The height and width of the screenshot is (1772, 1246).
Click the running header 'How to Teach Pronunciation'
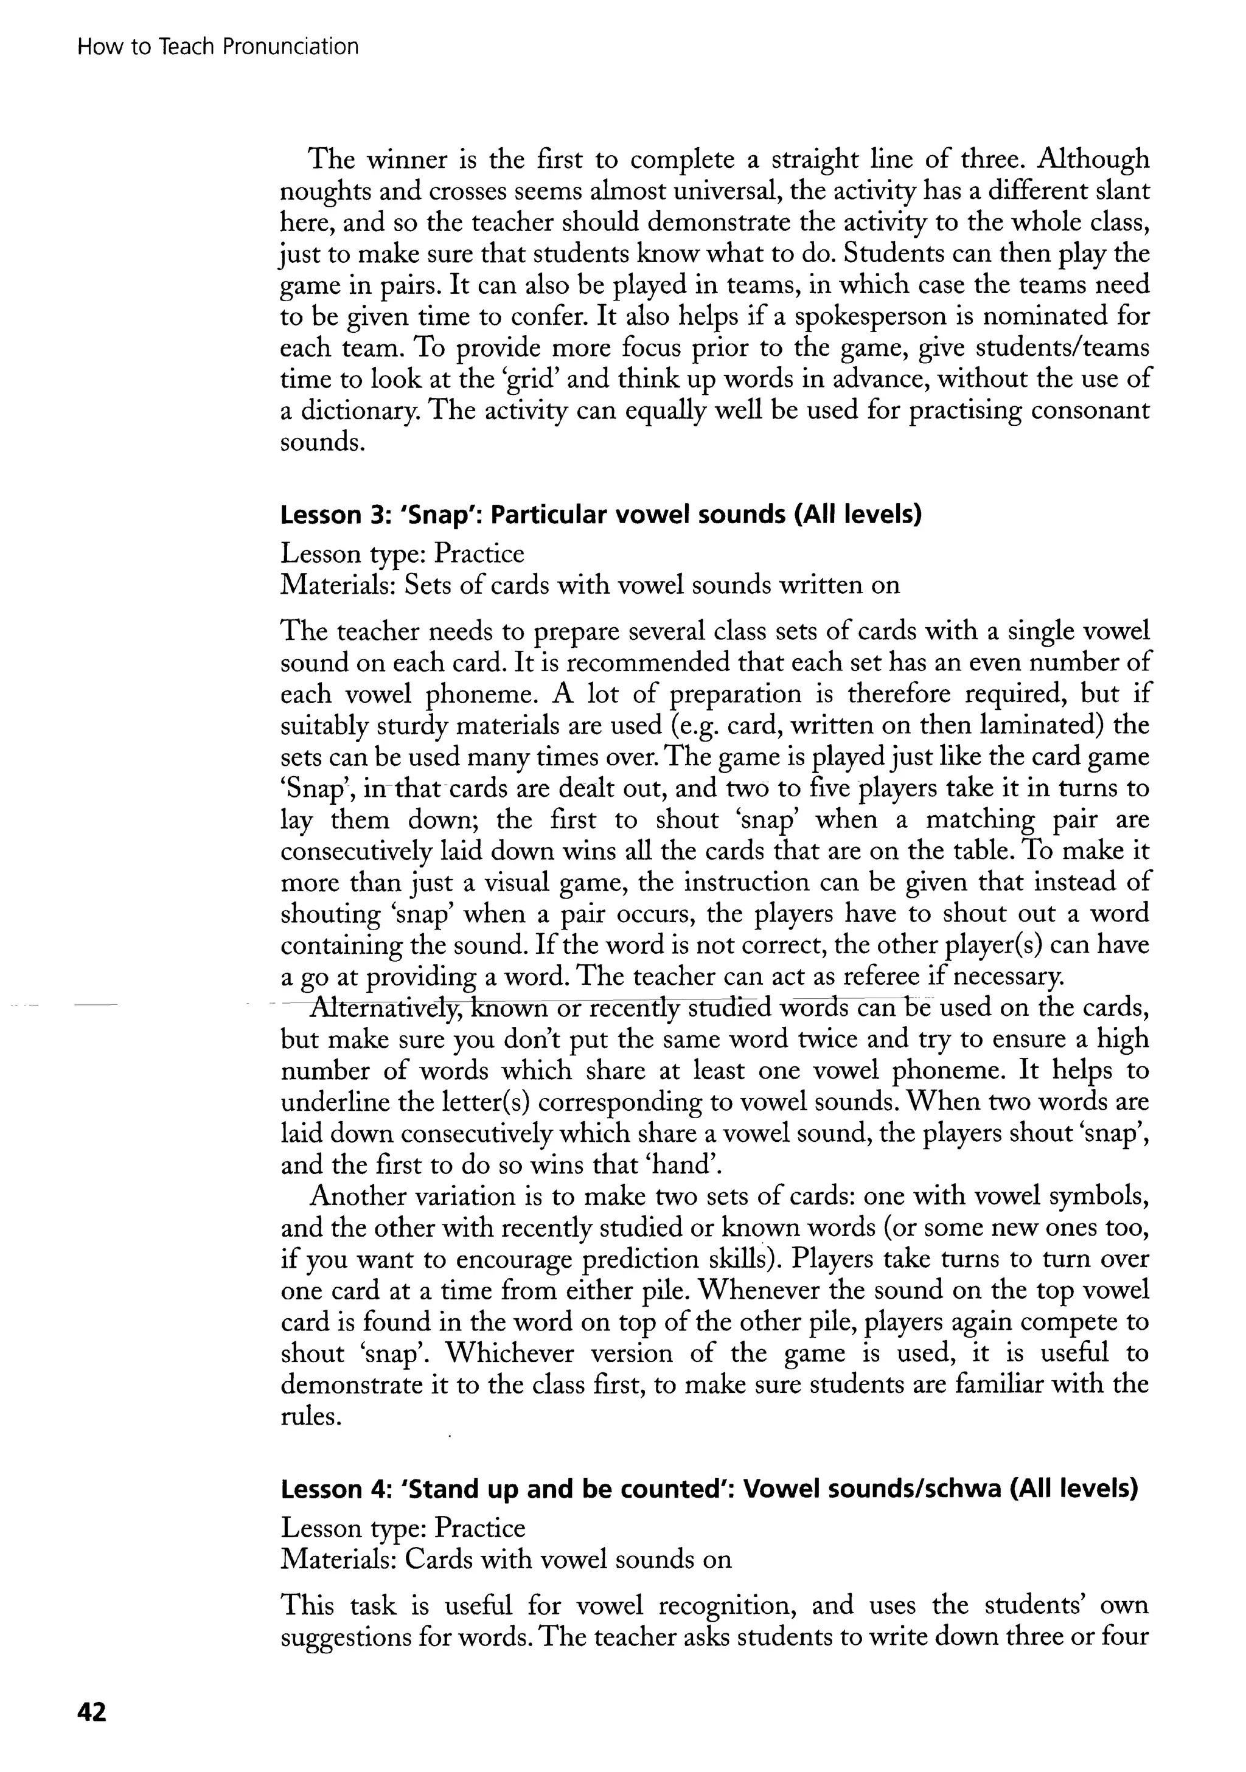click(218, 47)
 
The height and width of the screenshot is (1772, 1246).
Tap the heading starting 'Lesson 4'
click(709, 1489)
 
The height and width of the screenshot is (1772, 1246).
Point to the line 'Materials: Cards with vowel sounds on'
click(506, 1560)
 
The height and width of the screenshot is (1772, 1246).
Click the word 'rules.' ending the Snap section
click(310, 1417)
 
